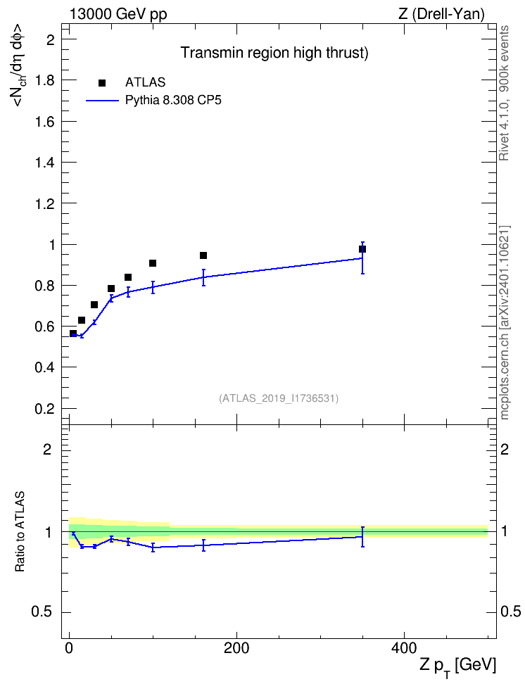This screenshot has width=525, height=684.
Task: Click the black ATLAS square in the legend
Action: tap(102, 83)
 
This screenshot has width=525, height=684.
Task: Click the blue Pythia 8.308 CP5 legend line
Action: tap(102, 101)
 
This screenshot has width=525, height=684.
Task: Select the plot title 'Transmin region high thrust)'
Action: tap(274, 53)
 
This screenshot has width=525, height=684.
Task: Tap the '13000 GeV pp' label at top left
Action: tap(118, 14)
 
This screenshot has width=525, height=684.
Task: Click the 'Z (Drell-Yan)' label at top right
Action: tap(441, 14)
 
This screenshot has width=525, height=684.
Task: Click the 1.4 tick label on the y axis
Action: tap(45, 163)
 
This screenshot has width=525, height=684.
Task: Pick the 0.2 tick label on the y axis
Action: tap(45, 409)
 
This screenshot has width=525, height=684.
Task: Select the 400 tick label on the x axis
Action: tap(404, 649)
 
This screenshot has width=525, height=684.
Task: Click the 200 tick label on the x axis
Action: tap(236, 649)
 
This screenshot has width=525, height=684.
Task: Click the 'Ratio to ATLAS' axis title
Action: tap(20, 532)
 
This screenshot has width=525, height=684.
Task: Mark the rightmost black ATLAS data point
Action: tap(362, 249)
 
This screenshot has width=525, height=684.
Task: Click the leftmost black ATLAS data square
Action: tap(73, 334)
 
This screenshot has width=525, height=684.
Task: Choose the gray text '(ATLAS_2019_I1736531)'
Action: tap(279, 398)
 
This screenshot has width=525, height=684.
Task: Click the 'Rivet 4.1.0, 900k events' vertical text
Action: tap(504, 94)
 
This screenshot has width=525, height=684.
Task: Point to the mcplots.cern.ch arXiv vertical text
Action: tap(505, 322)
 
